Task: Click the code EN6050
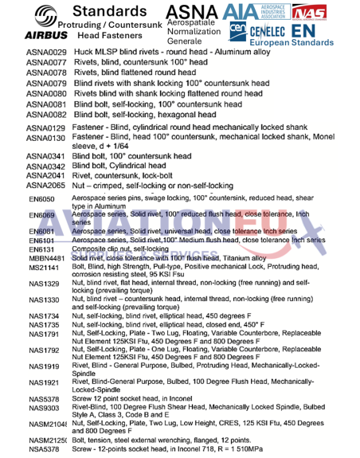coord(41,198)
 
